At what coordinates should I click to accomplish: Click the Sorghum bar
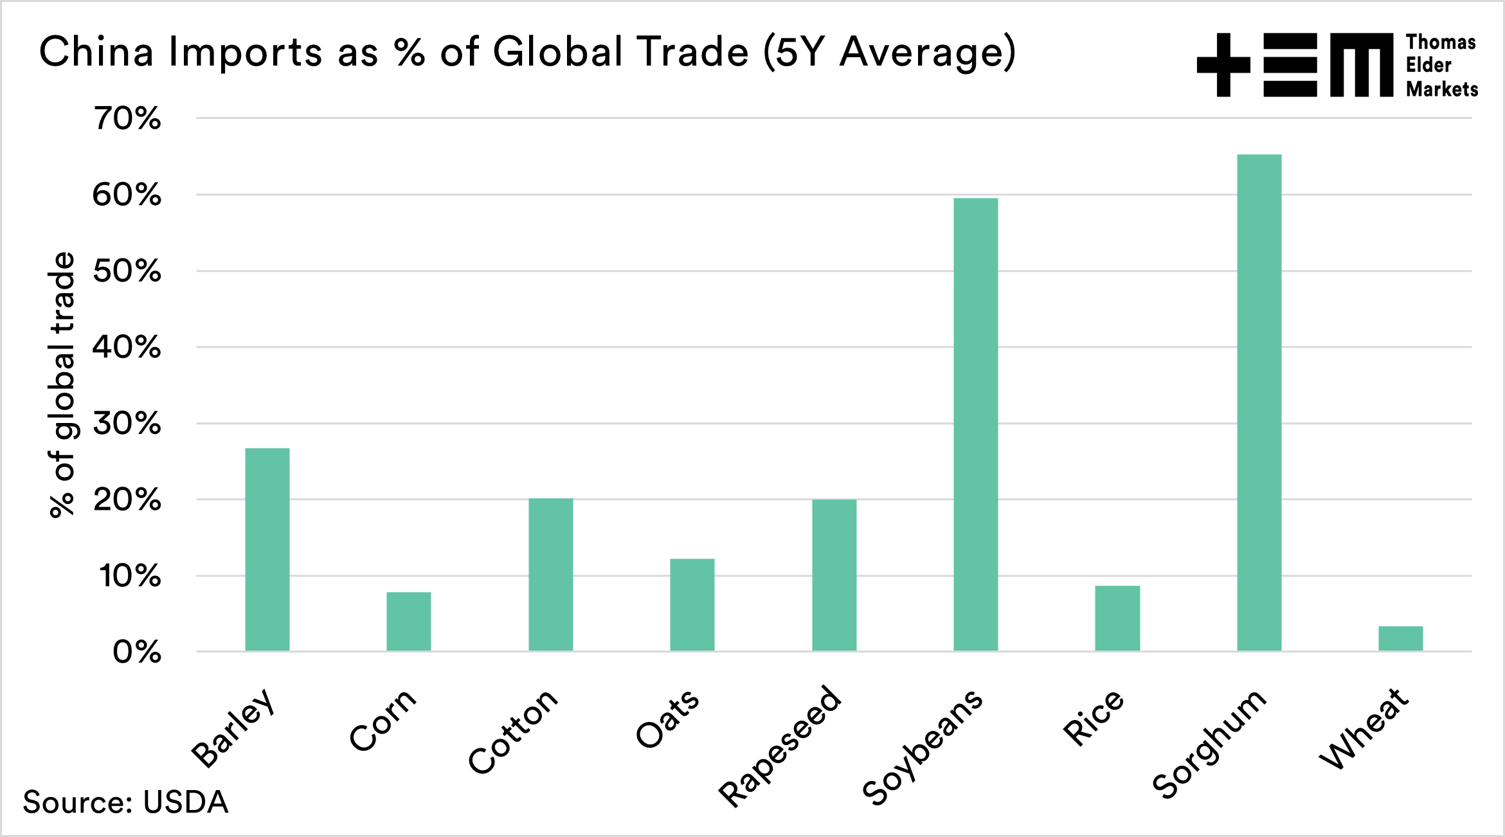point(1259,402)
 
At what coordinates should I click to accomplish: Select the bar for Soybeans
point(975,424)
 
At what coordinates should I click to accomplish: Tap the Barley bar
point(267,549)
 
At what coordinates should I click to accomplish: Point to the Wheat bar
point(1400,638)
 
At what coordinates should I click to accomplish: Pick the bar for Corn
point(409,621)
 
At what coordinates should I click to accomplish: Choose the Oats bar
point(692,604)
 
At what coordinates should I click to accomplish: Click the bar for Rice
point(1117,618)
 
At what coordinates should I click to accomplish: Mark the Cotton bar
point(551,575)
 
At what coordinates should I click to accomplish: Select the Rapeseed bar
point(834,575)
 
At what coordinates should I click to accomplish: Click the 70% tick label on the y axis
point(127,118)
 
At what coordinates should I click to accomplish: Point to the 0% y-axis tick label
point(136,652)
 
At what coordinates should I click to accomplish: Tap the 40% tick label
point(127,347)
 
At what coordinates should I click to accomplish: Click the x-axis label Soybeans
point(923,746)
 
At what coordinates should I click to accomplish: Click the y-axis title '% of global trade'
point(62,384)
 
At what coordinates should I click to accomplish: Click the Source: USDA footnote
point(125,802)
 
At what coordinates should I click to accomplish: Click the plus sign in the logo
point(1223,65)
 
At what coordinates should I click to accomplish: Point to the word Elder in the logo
point(1428,65)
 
